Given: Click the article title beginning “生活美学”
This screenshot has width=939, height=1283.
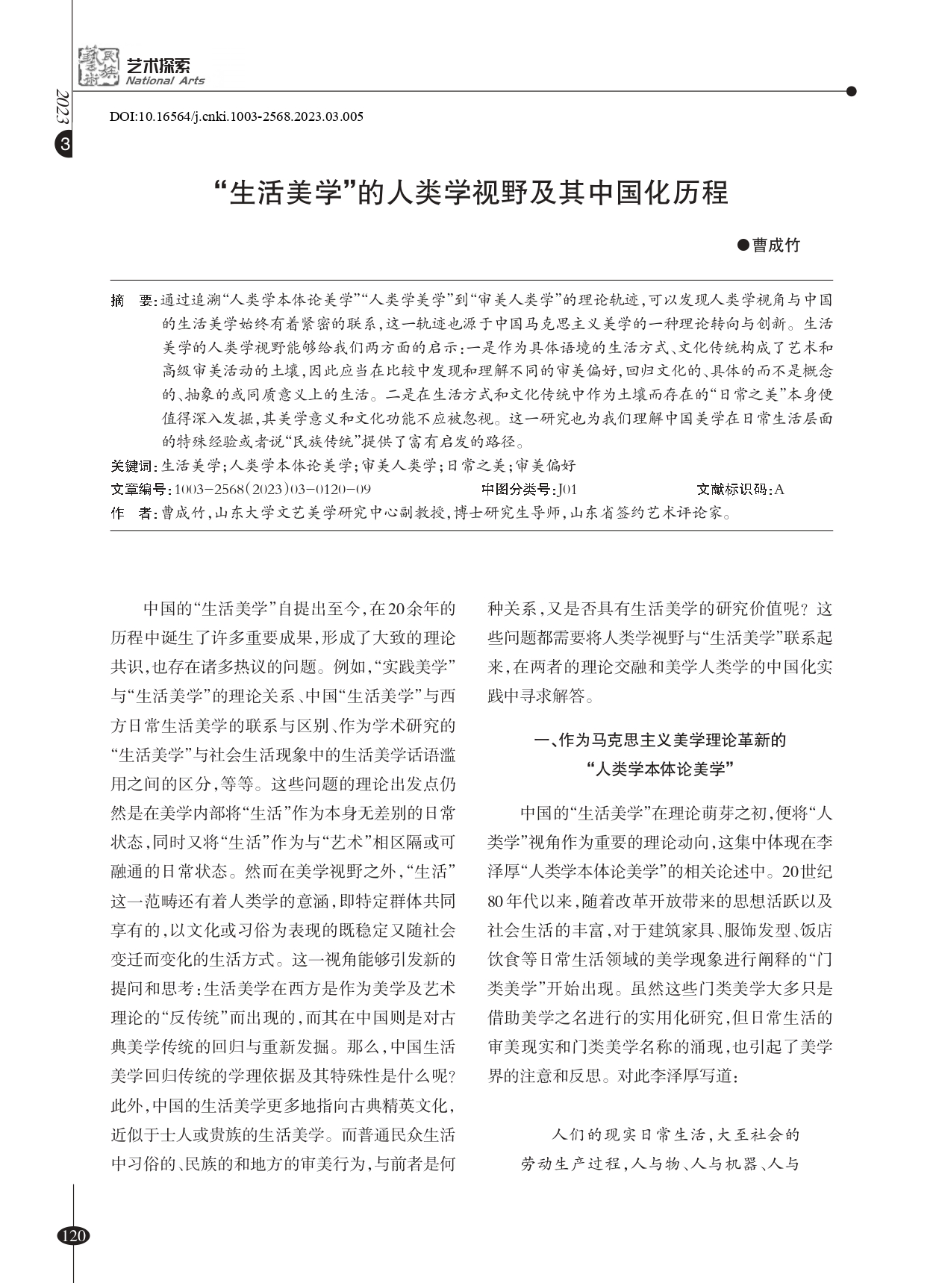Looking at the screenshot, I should point(470,193).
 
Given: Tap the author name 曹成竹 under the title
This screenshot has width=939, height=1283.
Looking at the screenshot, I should point(776,246).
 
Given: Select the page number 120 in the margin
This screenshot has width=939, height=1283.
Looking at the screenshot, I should point(73,1235).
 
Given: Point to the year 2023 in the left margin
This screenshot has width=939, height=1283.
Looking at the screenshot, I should point(63,109).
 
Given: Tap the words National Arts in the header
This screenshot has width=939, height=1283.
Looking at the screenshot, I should point(165,81).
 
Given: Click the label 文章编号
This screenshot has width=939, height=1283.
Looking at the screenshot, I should point(140,490).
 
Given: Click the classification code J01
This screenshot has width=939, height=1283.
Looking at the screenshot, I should point(567,490).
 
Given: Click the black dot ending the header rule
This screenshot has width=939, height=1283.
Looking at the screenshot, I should point(852,92).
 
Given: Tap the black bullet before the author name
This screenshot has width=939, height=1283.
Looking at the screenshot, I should point(742,245).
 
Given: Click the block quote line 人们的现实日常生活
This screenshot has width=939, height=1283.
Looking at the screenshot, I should point(675,1135).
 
